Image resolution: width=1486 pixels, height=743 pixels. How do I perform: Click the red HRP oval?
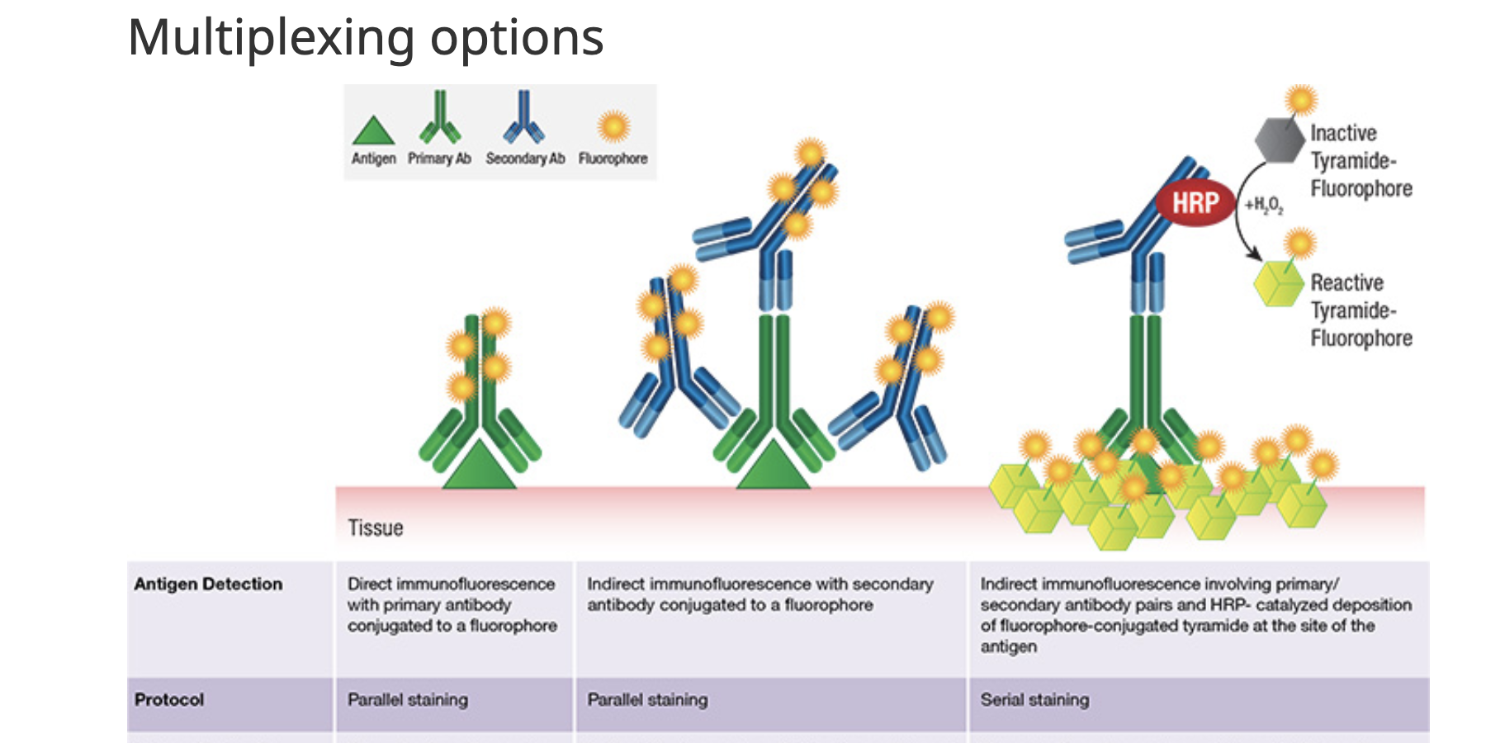[1195, 202]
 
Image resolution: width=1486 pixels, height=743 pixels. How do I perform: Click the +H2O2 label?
[1264, 205]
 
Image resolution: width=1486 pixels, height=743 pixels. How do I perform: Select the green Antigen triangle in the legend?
[373, 132]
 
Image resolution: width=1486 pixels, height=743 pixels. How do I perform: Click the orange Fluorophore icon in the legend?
[613, 127]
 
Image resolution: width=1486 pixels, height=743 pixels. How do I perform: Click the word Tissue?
[376, 528]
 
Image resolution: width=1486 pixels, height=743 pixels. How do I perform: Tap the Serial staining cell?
[1034, 700]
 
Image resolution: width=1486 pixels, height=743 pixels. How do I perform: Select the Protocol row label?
[169, 700]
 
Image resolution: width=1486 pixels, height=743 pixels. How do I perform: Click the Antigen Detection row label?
[208, 584]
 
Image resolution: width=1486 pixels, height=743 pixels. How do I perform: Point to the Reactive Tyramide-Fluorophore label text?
[1361, 310]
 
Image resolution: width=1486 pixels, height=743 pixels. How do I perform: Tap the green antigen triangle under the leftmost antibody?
[479, 467]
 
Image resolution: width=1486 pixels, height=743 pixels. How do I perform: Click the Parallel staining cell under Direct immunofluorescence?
[408, 700]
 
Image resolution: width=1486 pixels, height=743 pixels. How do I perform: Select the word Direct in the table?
[369, 584]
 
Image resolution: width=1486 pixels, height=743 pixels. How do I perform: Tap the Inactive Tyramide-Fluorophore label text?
[1361, 161]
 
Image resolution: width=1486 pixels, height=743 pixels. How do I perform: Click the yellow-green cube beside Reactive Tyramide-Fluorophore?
[1278, 284]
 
